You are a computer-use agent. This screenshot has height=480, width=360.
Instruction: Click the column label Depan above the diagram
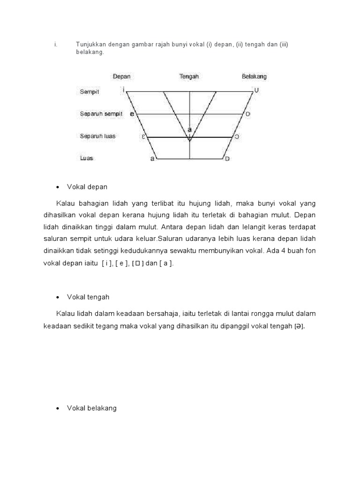pyautogui.click(x=121, y=76)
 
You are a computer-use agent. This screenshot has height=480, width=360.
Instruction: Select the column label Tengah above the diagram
pyautogui.click(x=189, y=76)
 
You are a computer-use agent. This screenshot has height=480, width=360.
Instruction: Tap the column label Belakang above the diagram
pyautogui.click(x=254, y=76)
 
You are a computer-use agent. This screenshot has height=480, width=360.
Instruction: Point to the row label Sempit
pyautogui.click(x=90, y=92)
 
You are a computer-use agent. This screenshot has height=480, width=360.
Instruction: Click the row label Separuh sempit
pyautogui.click(x=101, y=114)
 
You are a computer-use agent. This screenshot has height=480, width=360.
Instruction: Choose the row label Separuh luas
pyautogui.click(x=97, y=136)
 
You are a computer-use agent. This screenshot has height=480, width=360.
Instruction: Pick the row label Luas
pyautogui.click(x=87, y=158)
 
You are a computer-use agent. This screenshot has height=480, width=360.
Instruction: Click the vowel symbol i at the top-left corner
pyautogui.click(x=123, y=89)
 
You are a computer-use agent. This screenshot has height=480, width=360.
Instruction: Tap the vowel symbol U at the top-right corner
pyautogui.click(x=256, y=90)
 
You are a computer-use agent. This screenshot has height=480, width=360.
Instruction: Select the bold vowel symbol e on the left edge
pyautogui.click(x=132, y=114)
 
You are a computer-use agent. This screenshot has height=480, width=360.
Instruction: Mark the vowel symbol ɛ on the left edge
pyautogui.click(x=143, y=137)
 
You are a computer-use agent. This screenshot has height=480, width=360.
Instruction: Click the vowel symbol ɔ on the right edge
pyautogui.click(x=237, y=137)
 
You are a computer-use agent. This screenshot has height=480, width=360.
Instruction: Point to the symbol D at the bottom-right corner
pyautogui.click(x=227, y=159)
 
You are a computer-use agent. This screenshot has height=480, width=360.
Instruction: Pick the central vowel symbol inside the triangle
pyautogui.click(x=189, y=129)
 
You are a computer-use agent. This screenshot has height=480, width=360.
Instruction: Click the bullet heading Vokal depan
pyautogui.click(x=87, y=187)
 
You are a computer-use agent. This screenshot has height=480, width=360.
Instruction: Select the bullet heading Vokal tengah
pyautogui.click(x=88, y=297)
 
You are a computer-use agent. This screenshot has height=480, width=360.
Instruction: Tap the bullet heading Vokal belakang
pyautogui.click(x=92, y=408)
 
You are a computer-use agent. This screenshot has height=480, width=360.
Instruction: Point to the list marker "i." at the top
pyautogui.click(x=55, y=45)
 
